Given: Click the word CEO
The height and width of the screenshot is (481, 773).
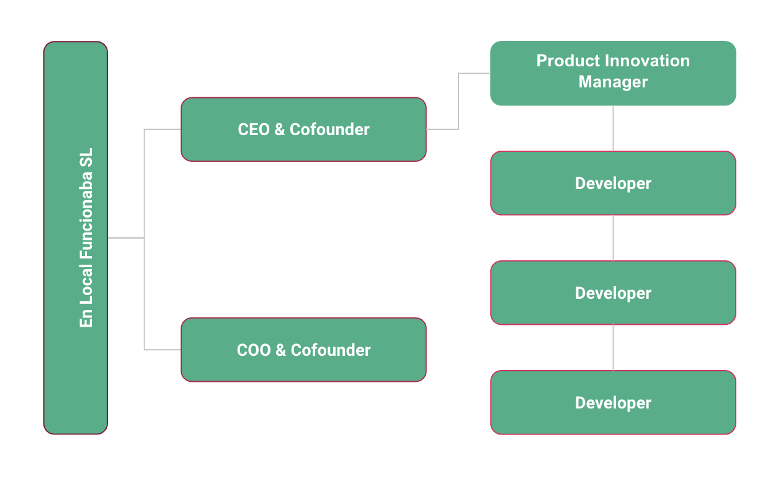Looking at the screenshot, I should click(253, 130).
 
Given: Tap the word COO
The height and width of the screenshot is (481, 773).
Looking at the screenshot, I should click(254, 350).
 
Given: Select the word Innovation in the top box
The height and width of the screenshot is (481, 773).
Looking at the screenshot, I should click(647, 61).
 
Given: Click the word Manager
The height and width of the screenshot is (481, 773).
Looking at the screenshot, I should click(613, 82).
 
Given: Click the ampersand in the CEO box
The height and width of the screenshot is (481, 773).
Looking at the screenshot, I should click(280, 130).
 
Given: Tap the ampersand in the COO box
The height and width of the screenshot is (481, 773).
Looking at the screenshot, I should click(280, 350).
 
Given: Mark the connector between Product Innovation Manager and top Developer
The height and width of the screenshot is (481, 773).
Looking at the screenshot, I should click(613, 128).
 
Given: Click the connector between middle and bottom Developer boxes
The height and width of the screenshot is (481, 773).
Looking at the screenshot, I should click(613, 348).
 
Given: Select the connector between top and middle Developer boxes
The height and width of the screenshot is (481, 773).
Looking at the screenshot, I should click(613, 238).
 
